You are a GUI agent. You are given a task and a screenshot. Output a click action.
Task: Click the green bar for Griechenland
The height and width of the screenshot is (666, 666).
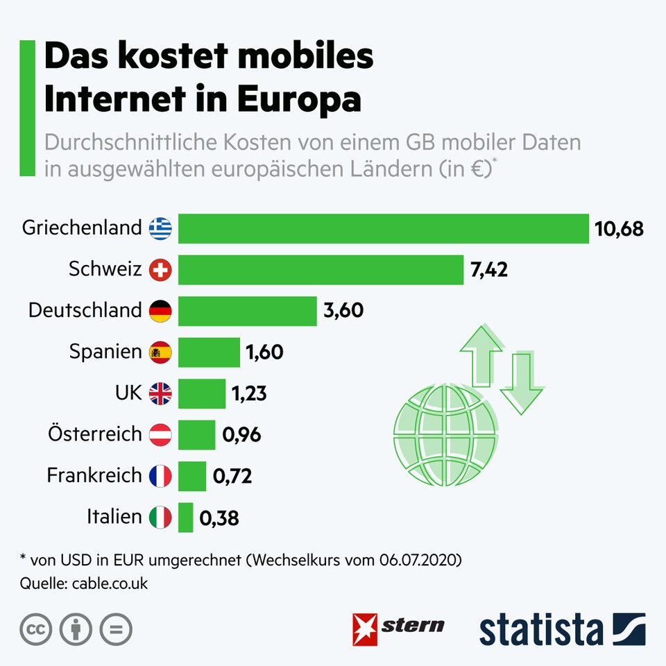[383, 228]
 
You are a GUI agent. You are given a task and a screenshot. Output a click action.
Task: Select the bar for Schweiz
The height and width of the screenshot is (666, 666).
[321, 270]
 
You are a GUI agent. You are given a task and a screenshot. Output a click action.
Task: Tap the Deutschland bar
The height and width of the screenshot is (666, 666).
[247, 311]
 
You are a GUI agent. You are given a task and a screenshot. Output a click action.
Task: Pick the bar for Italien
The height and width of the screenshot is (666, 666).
[185, 518]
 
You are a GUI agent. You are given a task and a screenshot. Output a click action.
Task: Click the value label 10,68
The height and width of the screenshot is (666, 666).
[619, 228]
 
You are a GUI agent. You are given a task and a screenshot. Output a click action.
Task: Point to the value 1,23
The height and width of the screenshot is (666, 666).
[249, 394]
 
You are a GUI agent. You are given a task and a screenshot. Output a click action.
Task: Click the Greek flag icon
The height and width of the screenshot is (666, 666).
[160, 228]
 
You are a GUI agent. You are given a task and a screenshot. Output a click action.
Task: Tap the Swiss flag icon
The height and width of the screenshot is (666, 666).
[160, 270]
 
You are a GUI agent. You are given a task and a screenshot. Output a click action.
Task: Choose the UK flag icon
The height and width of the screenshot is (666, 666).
[160, 394]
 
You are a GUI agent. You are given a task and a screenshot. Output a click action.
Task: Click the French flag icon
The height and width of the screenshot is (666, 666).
[160, 476]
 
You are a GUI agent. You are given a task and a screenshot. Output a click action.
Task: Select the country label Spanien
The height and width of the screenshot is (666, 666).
[105, 352]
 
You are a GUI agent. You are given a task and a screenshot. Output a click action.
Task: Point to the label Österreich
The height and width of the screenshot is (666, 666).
[95, 435]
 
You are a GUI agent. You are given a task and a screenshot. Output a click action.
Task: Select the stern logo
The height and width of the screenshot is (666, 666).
[399, 627]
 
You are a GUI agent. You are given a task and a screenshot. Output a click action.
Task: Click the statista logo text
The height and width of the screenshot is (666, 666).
[541, 629]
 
